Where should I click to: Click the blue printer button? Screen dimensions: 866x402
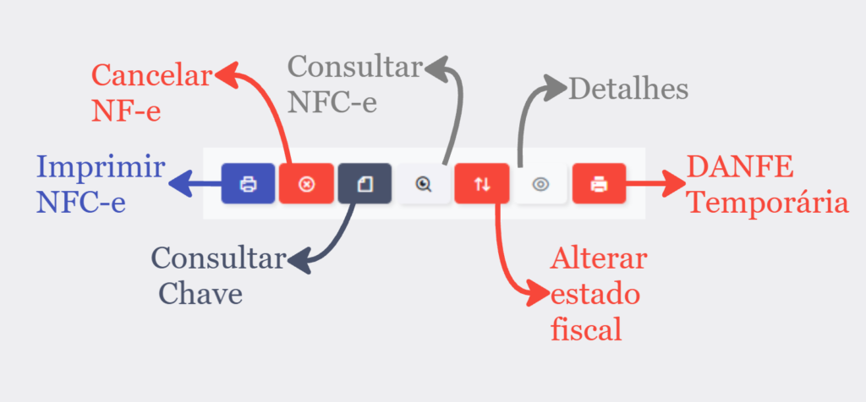248,183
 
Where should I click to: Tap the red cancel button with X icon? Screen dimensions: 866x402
306,183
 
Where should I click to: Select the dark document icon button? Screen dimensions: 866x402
365,183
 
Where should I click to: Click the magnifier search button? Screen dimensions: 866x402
424,183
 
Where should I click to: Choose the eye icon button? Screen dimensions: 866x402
540,183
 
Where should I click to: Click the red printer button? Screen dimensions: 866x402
600,183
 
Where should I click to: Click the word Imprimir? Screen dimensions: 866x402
101,167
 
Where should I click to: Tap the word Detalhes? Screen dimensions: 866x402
628,89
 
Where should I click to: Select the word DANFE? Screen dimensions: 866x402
740,167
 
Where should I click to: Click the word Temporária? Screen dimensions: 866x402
769,204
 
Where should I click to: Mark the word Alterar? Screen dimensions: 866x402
598,258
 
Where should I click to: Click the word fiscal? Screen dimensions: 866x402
586,329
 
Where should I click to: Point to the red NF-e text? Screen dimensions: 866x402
126,111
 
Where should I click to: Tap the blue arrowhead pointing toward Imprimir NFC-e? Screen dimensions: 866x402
179,183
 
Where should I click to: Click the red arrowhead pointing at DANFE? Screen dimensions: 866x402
672,183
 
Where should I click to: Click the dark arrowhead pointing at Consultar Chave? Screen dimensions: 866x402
299,260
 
